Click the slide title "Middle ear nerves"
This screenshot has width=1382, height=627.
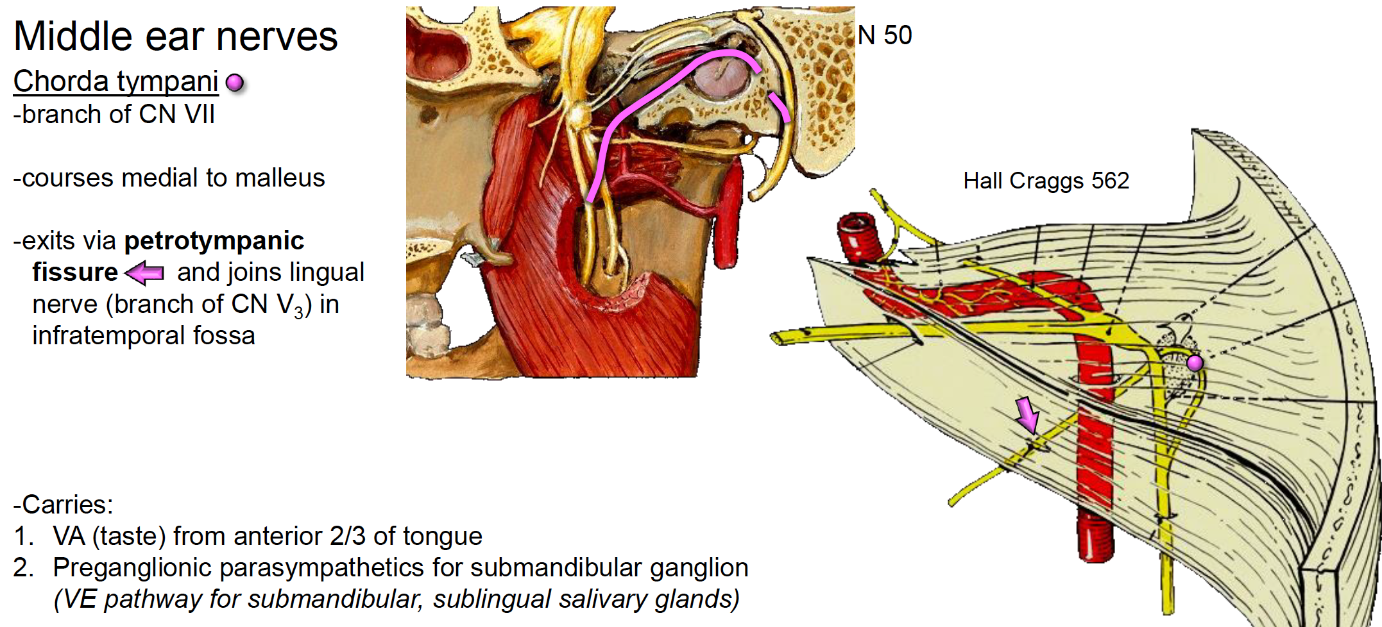pos(175,36)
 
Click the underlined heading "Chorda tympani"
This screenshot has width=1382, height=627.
pos(115,81)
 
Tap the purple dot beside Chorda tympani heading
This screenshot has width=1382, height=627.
pos(235,83)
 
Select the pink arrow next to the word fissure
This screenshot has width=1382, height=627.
pos(144,273)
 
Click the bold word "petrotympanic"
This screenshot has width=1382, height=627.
pos(214,241)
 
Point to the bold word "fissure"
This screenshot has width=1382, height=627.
pos(75,272)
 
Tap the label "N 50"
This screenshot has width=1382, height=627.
pos(885,35)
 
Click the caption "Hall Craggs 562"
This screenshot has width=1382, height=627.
pos(1046,181)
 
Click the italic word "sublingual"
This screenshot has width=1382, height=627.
pos(491,599)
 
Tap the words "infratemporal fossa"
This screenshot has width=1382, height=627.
pos(144,335)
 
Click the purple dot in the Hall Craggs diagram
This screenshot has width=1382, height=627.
pos(1195,364)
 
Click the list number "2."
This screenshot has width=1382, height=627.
pos(24,567)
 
